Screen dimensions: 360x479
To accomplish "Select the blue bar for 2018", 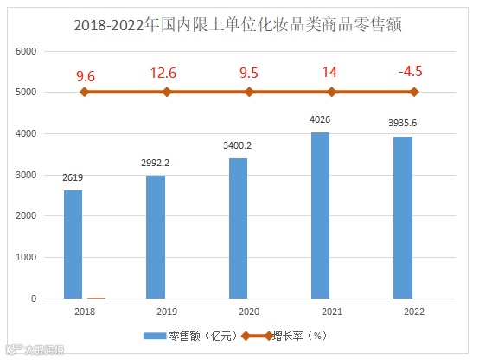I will [x=73, y=245].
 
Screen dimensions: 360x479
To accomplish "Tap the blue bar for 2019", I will [x=156, y=237].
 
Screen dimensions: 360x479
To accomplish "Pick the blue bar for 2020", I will [x=239, y=228].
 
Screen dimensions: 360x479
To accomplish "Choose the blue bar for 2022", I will [x=404, y=217].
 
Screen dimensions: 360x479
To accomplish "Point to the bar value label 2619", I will [x=73, y=178].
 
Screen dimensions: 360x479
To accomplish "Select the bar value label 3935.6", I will [x=404, y=124].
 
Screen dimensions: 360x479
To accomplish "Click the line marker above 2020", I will [x=249, y=92].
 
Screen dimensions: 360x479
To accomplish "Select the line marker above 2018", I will [x=84, y=92].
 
